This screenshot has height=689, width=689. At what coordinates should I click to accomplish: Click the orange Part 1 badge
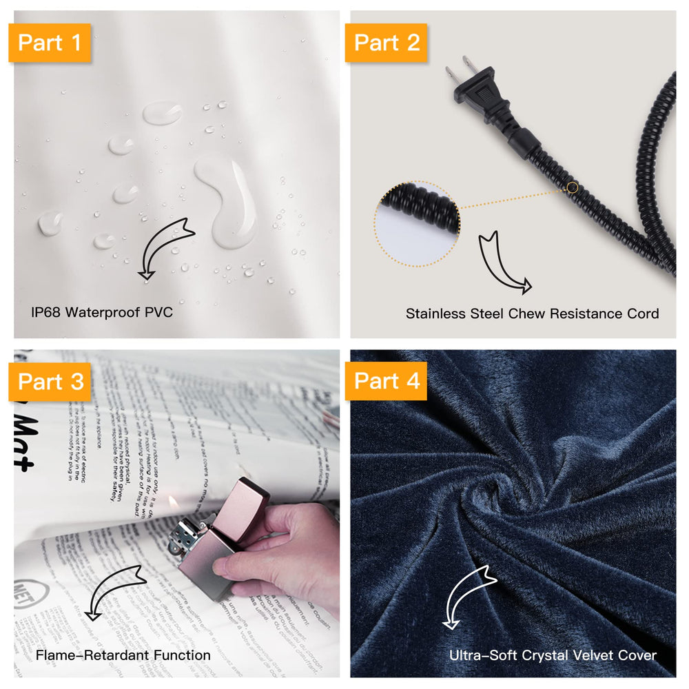coord(50,43)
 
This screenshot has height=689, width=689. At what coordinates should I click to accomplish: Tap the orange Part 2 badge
coord(387,43)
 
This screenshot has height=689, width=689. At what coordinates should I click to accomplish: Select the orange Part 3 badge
coord(50,381)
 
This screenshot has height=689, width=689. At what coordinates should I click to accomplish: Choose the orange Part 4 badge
coord(387,381)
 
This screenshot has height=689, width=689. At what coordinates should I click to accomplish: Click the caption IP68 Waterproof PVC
coord(101,312)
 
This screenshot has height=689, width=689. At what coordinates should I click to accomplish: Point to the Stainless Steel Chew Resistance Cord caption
coord(532,313)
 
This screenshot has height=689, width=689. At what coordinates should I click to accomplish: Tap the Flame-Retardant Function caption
coord(123,655)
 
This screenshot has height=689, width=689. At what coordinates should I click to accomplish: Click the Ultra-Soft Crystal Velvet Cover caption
coord(553,655)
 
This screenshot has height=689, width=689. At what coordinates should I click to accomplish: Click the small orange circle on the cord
coord(573,187)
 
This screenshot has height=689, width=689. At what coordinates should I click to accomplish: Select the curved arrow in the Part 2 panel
coord(504,262)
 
